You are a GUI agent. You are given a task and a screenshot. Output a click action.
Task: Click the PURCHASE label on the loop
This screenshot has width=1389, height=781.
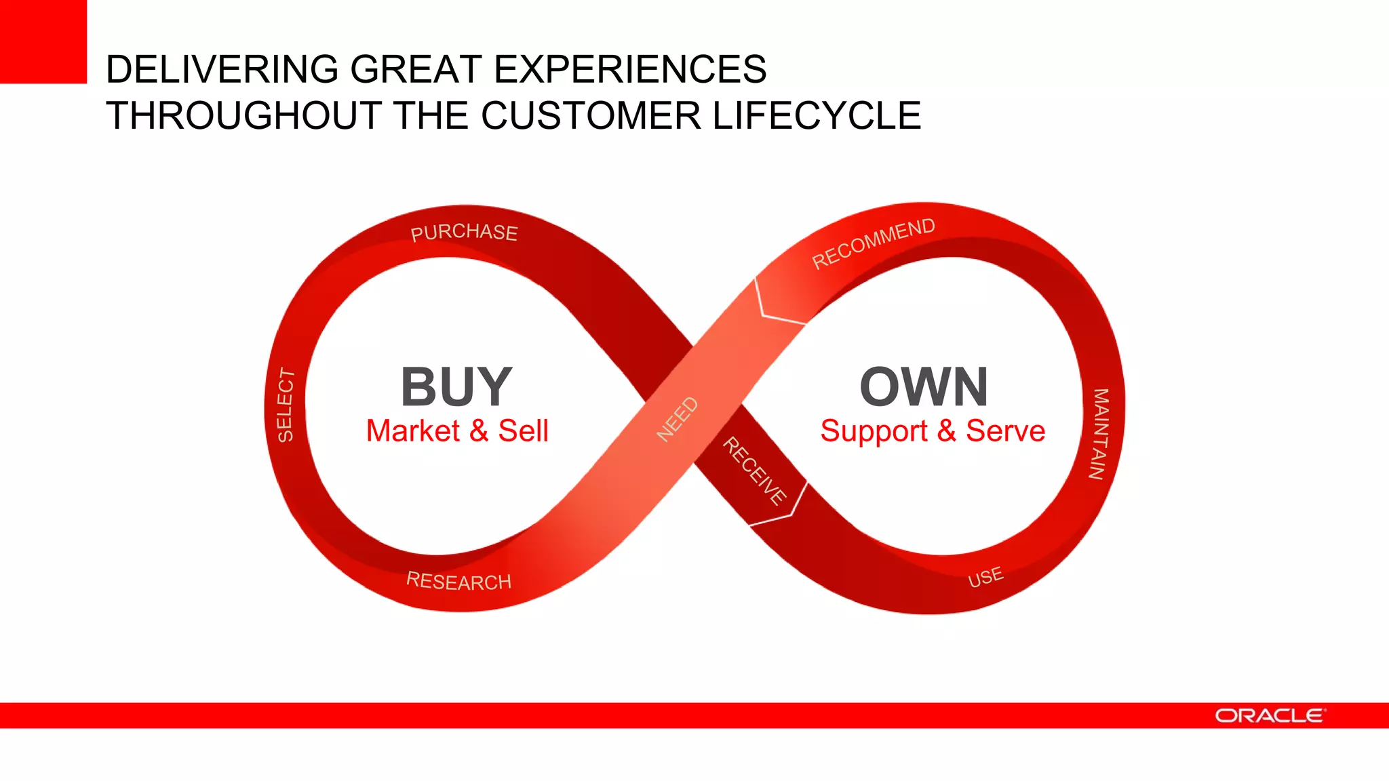464,233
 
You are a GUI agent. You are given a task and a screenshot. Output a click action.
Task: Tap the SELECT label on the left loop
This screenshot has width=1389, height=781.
286,405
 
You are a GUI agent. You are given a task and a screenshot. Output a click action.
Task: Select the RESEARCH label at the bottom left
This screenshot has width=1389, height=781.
458,581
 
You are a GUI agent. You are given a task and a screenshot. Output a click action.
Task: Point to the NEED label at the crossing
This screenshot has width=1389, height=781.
678,419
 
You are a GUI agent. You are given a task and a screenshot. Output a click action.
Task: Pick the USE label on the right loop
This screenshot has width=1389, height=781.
985,577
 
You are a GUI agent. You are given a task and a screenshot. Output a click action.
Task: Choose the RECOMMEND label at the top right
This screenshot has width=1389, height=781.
873,243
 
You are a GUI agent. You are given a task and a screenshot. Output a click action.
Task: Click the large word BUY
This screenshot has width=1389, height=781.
456,387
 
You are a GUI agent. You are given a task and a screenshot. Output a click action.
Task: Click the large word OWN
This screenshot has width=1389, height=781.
924,387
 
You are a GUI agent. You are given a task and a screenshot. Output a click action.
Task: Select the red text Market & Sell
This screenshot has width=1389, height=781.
457,431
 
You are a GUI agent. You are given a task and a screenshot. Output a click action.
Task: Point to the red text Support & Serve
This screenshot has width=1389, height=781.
933,431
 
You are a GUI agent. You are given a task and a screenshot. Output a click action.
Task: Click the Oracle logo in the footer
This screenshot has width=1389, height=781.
1269,716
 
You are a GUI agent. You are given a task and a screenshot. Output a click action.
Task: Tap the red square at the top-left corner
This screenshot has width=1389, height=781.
43,41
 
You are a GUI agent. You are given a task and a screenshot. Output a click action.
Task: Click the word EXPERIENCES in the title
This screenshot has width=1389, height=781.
630,69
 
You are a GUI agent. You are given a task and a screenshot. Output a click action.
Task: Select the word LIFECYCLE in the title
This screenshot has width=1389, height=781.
817,115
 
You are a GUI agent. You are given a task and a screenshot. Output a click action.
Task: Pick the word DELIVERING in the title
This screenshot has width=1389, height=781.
222,69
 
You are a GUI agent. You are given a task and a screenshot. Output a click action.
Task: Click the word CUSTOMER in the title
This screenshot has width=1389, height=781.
591,115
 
